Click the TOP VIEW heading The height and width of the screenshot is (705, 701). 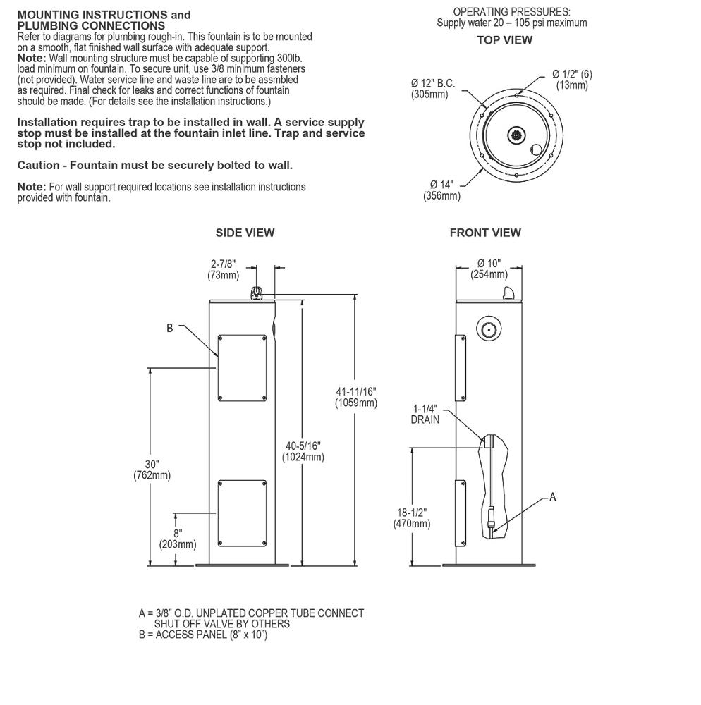pyautogui.click(x=504, y=40)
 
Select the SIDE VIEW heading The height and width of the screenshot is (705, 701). pyautogui.click(x=245, y=233)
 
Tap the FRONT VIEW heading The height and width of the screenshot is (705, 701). pyautogui.click(x=485, y=233)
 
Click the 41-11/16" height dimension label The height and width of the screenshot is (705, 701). pyautogui.click(x=356, y=397)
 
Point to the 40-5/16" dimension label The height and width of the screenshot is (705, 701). pyautogui.click(x=303, y=451)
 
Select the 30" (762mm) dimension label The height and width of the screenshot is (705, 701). pyautogui.click(x=152, y=470)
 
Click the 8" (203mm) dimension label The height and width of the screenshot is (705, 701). pyautogui.click(x=178, y=539)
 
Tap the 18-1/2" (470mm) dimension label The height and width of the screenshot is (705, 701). pyautogui.click(x=412, y=518)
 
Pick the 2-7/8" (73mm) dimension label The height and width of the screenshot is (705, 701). pyautogui.click(x=223, y=269)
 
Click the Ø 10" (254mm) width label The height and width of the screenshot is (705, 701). pyautogui.click(x=489, y=269)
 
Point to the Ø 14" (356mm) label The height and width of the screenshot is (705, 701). pyautogui.click(x=441, y=190)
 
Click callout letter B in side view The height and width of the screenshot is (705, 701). pyautogui.click(x=169, y=329)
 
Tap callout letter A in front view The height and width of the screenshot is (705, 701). pyautogui.click(x=553, y=497)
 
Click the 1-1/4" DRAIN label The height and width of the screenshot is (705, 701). pyautogui.click(x=425, y=414)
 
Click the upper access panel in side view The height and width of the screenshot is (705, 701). pyautogui.click(x=243, y=368)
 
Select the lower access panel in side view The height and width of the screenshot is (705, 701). pyautogui.click(x=243, y=513)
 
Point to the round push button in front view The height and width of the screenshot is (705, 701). pyautogui.click(x=489, y=330)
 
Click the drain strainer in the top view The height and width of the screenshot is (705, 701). pyautogui.click(x=517, y=135)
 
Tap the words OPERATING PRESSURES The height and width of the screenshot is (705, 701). pyautogui.click(x=512, y=12)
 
